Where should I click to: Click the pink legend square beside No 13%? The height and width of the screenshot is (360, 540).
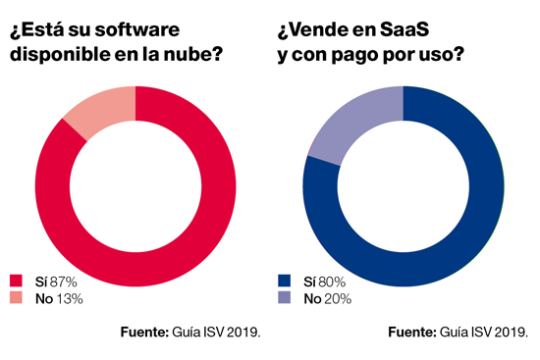click(16, 298)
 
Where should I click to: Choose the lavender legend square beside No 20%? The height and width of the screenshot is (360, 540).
click(284, 298)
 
